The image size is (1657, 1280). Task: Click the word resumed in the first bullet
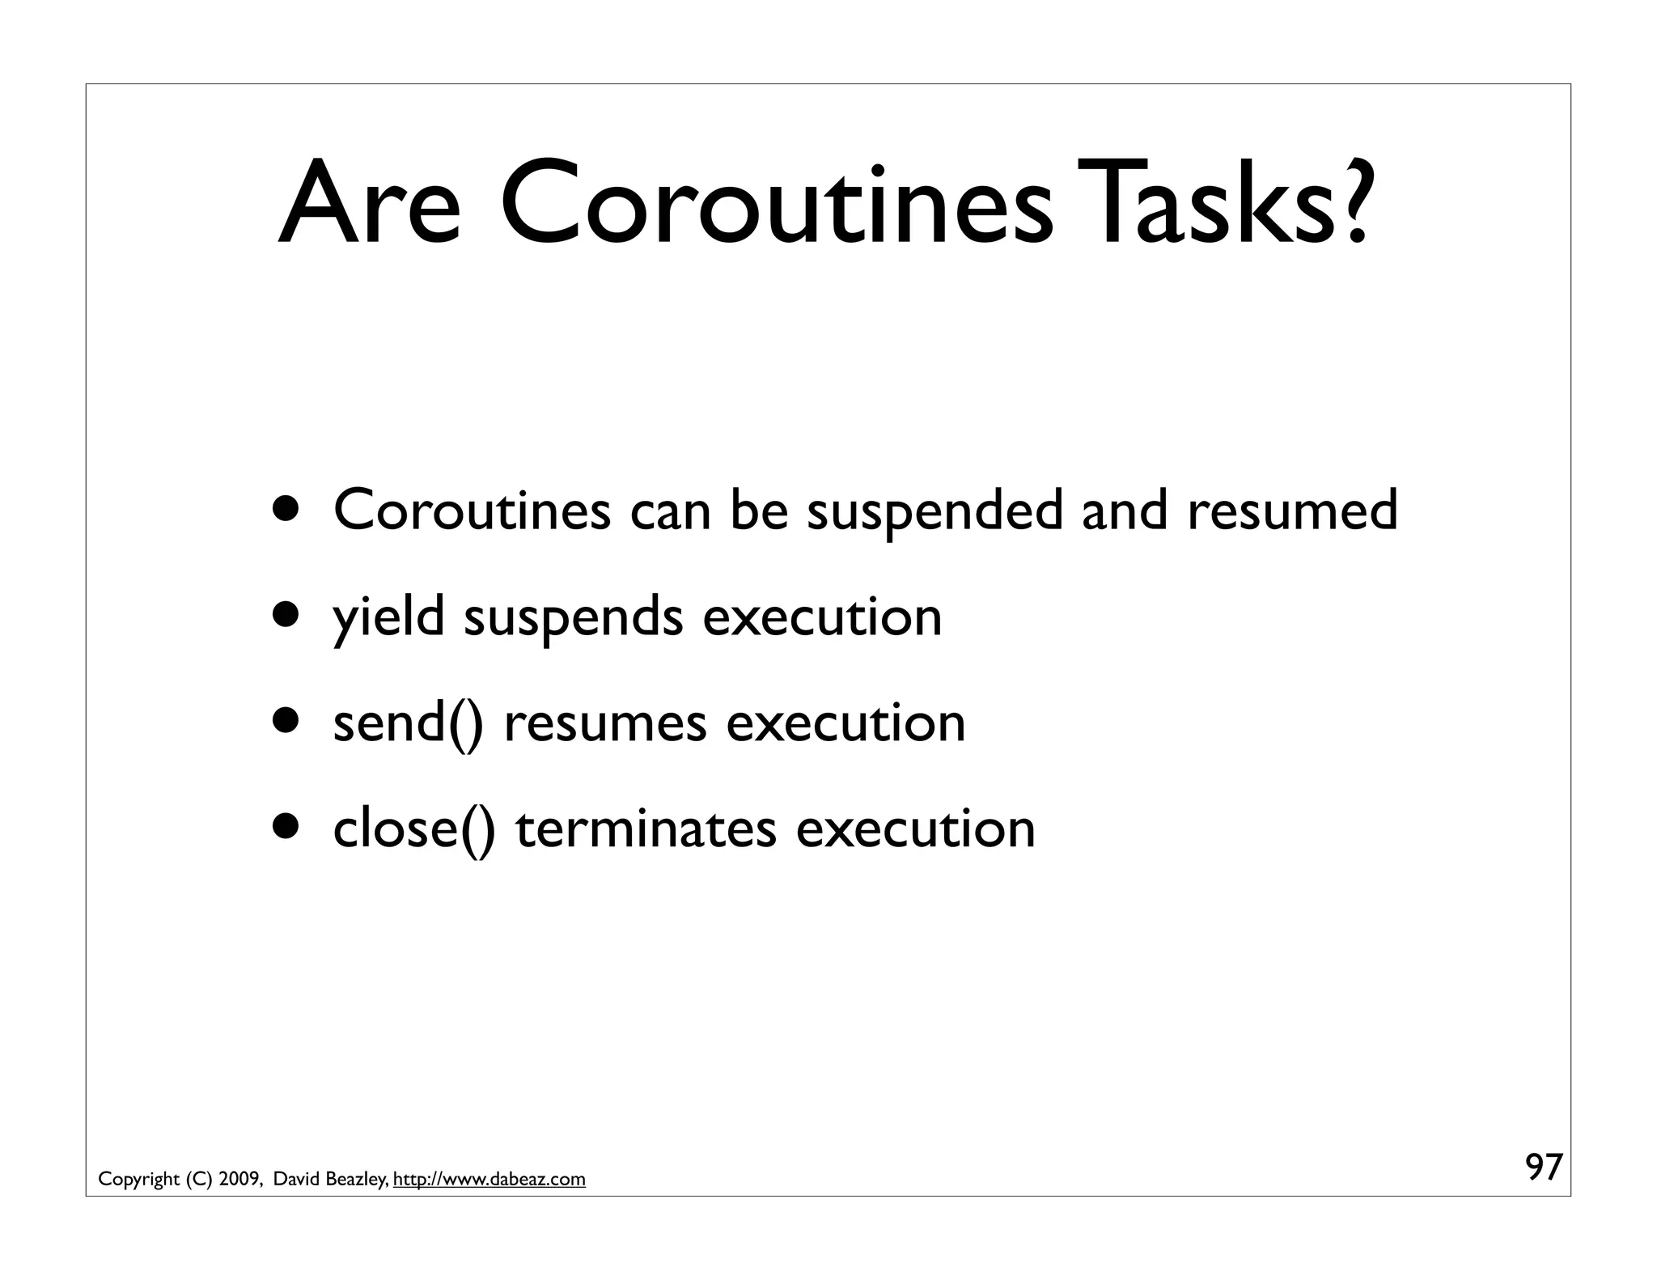coord(1292,511)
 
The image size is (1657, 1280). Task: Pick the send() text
coord(409,723)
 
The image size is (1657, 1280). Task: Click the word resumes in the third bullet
coord(604,723)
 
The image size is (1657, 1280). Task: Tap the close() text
coord(413,829)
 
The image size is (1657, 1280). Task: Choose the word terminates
coord(646,829)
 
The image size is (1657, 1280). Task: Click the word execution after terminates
coord(915,829)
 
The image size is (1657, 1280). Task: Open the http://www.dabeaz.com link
coord(489,1179)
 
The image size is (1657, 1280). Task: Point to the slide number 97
coord(1544,1168)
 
